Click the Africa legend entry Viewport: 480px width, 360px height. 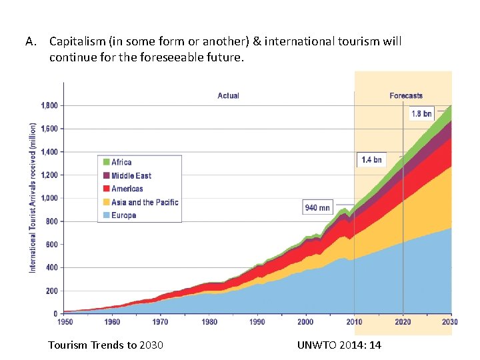coord(121,162)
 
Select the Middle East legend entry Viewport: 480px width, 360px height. coord(131,175)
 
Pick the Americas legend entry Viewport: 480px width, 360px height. coord(127,189)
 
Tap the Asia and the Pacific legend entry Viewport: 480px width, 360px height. coord(144,202)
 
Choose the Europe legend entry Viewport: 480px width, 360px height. coord(123,215)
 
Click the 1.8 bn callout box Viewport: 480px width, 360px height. coord(421,114)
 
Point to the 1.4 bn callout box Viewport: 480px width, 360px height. coord(371,160)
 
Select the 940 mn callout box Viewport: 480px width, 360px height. coord(318,207)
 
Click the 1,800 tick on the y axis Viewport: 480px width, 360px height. coord(49,105)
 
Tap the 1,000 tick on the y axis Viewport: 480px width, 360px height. coord(49,198)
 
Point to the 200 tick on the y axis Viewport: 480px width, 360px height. coord(51,291)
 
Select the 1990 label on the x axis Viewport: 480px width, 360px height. coord(257,322)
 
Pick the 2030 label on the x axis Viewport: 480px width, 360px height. coord(451,322)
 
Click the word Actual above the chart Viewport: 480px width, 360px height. coord(228,96)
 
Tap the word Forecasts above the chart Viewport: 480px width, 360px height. coord(406,96)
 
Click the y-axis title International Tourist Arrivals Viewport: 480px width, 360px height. coord(33,197)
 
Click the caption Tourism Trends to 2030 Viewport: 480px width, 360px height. coord(106,345)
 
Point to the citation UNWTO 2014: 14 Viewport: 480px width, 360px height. coord(341,345)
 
